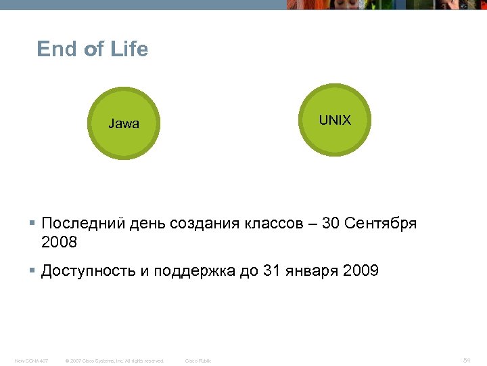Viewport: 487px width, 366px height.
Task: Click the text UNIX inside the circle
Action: [x=335, y=121]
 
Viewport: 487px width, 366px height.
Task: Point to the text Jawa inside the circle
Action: [x=124, y=124]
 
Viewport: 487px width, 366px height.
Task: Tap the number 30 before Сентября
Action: [x=331, y=224]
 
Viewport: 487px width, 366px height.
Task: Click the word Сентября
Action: [x=381, y=224]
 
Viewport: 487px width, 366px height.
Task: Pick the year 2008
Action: [x=60, y=243]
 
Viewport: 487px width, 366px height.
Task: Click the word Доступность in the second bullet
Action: [x=86, y=272]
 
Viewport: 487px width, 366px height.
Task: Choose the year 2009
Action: [x=361, y=272]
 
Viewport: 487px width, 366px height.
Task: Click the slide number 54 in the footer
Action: [x=467, y=360]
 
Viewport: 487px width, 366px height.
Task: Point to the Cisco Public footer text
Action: [x=198, y=361]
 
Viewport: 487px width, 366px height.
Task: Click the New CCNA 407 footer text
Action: [x=32, y=361]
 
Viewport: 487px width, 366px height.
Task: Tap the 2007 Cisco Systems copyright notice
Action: [x=114, y=361]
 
